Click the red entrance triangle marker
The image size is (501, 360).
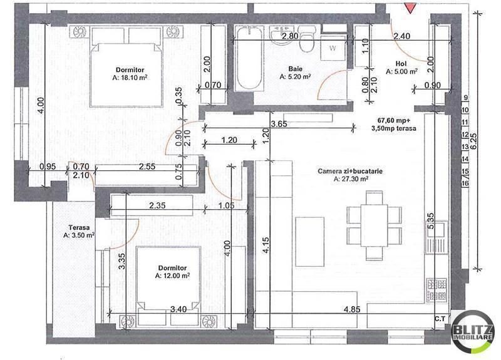pyautogui.click(x=410, y=8)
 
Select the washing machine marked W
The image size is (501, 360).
pyautogui.click(x=333, y=48)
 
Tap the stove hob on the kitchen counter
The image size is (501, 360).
pyautogui.click(x=436, y=289)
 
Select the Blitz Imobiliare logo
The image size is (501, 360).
pyautogui.click(x=474, y=332)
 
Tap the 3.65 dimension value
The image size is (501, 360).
pyautogui.click(x=279, y=124)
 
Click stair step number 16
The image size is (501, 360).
pyautogui.click(x=466, y=184)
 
